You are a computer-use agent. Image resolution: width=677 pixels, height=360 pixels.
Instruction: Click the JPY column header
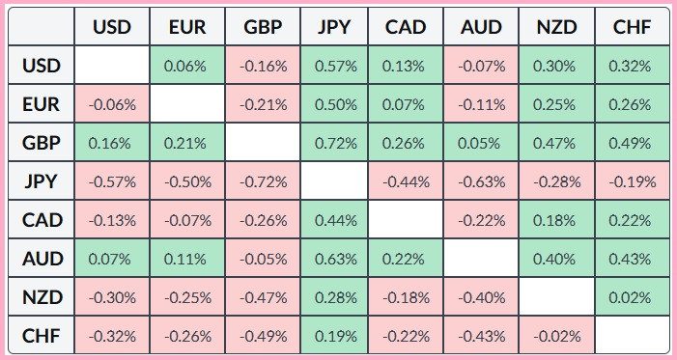pos(334,27)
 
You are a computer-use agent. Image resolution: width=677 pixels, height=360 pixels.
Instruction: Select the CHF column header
pos(633,27)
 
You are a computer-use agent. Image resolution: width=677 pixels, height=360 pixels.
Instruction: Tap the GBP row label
pos(42,143)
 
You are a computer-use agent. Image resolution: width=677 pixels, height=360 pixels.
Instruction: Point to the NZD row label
pos(42,297)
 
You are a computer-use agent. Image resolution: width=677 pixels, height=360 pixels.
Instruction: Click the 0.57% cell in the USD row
pos(334,66)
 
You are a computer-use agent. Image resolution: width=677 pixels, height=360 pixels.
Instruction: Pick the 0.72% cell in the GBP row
pos(334,143)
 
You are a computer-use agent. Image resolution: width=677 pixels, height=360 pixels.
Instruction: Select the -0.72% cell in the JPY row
pos(263,181)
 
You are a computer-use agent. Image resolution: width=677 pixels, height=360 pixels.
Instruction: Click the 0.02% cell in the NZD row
pos(633,297)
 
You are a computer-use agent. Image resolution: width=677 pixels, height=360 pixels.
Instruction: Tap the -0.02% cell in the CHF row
pos(557,336)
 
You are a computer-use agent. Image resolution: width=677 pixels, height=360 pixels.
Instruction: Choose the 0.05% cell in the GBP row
pos(481,143)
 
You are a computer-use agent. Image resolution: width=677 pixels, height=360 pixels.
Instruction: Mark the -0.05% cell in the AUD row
pos(263,259)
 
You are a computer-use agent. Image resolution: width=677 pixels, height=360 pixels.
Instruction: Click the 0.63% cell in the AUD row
pos(334,259)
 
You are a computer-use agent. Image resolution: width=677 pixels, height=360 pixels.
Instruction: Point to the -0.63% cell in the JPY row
pos(481,181)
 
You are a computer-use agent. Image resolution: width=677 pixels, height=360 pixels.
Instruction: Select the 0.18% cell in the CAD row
pos(557,220)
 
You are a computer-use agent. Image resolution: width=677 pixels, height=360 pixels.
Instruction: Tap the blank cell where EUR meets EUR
pos(187,104)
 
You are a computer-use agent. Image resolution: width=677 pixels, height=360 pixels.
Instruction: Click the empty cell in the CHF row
pos(633,336)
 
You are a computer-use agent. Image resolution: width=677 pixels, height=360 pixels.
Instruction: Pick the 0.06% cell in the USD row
pos(187,66)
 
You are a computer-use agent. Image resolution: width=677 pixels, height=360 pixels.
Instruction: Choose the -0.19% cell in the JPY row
pos(633,181)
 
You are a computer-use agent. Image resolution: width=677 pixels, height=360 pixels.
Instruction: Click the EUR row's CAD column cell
pos(406,104)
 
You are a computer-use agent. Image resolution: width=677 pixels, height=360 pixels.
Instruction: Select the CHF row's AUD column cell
pos(481,336)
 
